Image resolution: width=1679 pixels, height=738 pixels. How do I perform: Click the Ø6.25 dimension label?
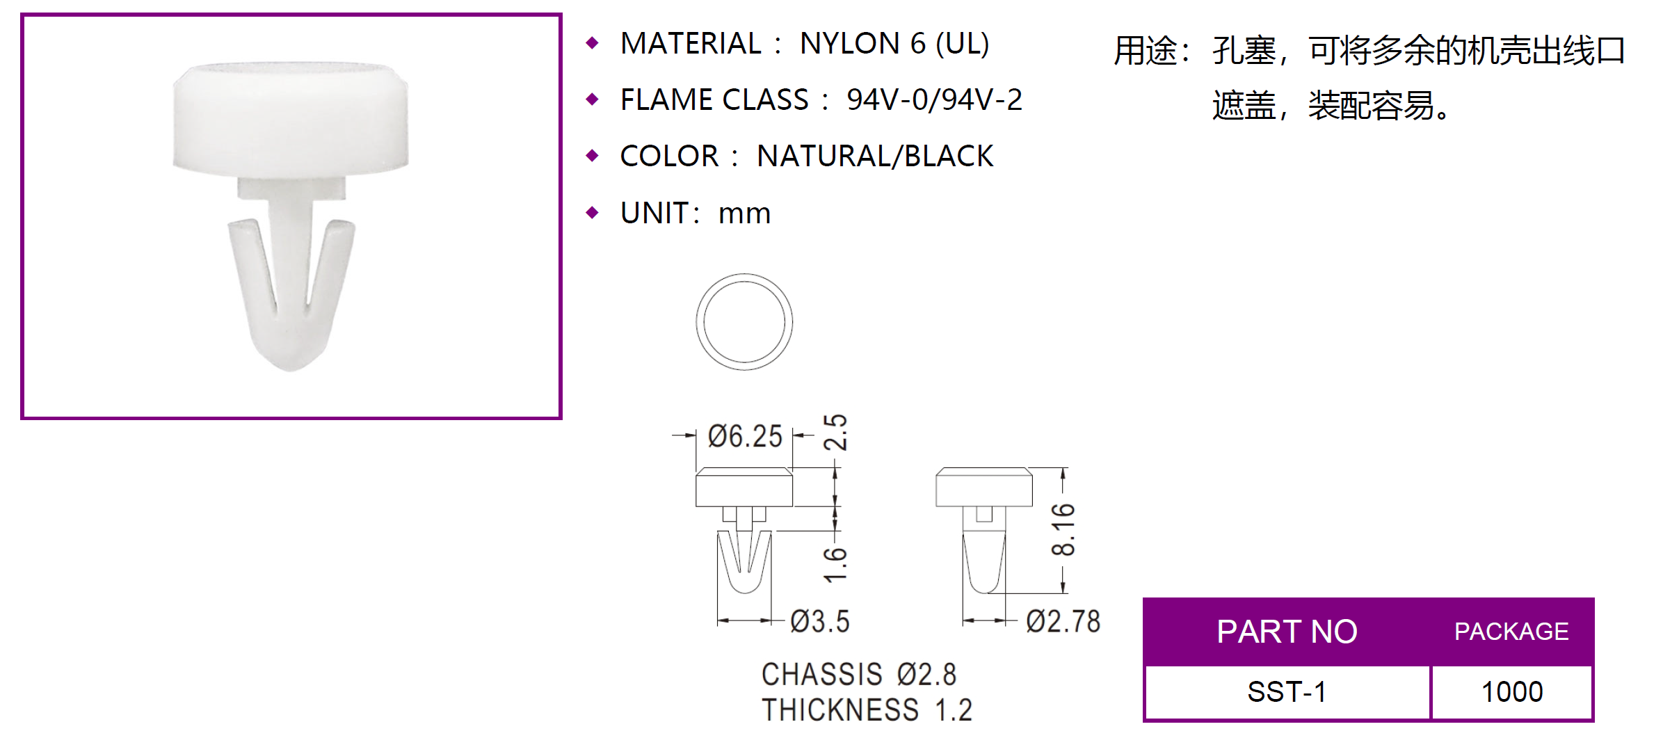coord(745,436)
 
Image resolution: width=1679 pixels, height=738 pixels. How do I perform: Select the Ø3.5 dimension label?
coord(820,621)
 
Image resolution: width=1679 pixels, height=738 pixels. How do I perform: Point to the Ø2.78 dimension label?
coord(1063,621)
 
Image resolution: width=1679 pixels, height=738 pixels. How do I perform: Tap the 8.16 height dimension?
coord(1063,529)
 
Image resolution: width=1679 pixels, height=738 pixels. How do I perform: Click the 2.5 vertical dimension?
coord(835,432)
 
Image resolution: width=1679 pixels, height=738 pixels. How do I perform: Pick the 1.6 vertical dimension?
coord(835,564)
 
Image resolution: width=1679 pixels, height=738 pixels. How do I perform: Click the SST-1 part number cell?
coord(1287,692)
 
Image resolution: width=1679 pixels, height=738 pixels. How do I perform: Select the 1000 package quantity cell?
coord(1512,692)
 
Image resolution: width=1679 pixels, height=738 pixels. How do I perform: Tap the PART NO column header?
coord(1287,632)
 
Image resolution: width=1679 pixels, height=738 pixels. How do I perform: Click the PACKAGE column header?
coord(1511,632)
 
